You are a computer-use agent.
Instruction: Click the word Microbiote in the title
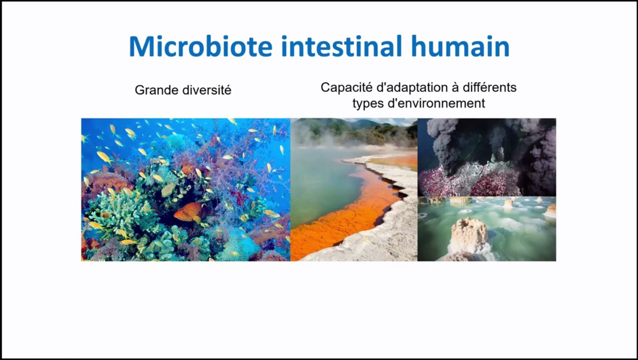200,46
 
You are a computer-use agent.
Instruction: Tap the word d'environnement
436,103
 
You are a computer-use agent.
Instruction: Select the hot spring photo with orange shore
354,190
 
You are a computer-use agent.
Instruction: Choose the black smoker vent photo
487,157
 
